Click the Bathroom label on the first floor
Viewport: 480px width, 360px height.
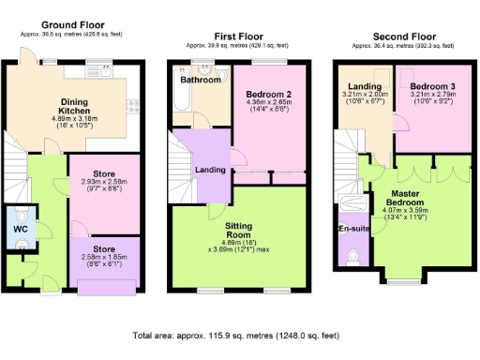pos(202,81)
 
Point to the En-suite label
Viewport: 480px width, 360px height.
pos(352,228)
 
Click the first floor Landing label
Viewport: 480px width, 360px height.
pos(208,169)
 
